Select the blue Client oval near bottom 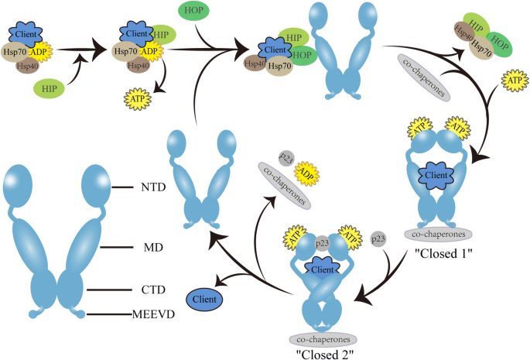pos(205,297)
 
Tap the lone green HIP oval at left pos(49,91)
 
